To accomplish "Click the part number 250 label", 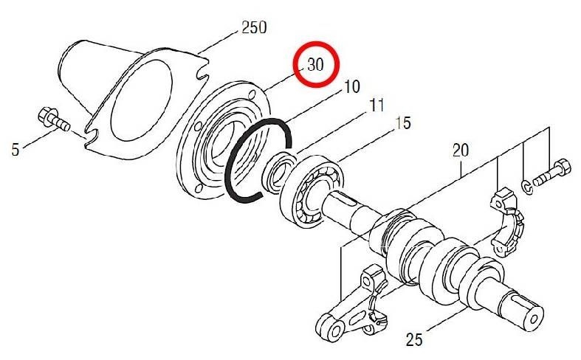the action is [x=254, y=27].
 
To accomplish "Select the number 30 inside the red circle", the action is [x=315, y=65].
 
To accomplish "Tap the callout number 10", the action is [x=352, y=86].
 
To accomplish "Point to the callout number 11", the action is [x=376, y=105].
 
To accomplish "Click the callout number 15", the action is [x=403, y=123].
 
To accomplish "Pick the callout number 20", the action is [x=461, y=150].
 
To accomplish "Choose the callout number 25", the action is [x=414, y=339].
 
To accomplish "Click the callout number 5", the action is [x=16, y=150].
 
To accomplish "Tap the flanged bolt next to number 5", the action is [x=54, y=119].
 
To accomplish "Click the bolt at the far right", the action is [x=551, y=173].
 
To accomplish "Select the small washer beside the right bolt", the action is [x=526, y=187].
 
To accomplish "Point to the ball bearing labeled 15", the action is [x=312, y=192].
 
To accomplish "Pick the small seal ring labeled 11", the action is [x=278, y=172].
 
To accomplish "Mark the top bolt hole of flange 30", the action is [x=253, y=93].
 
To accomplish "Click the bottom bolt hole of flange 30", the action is [x=199, y=188].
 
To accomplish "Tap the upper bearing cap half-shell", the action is [x=507, y=221].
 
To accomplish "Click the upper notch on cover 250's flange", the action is [x=202, y=74].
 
